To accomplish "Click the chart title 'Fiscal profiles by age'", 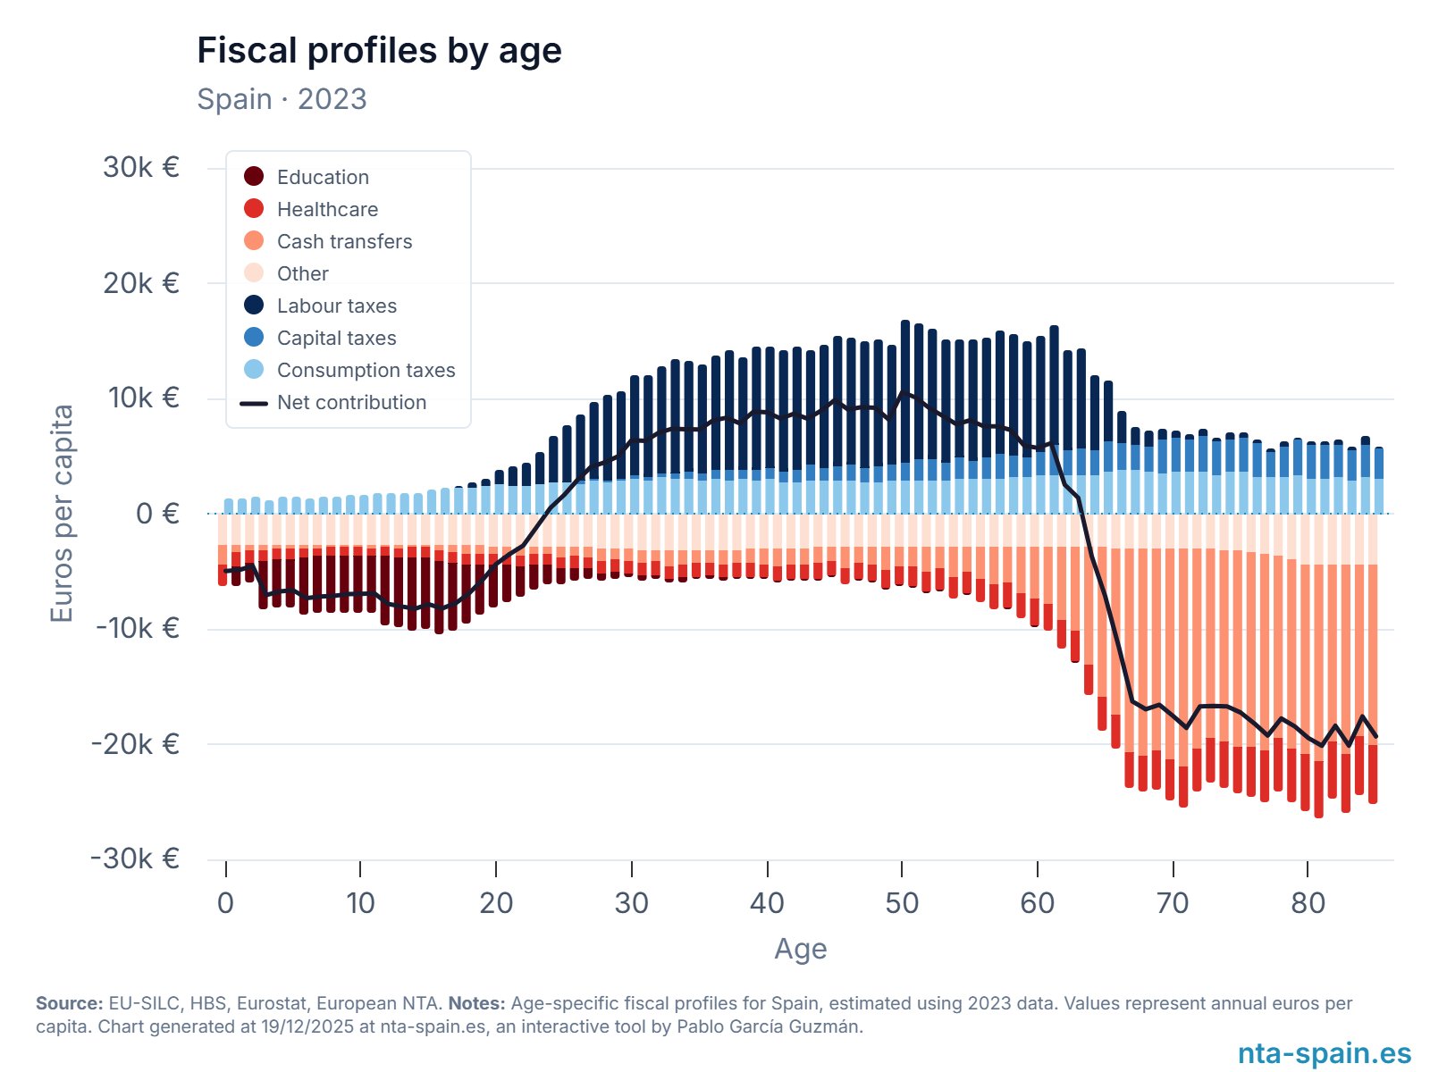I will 379,51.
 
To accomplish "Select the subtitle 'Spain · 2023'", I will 282,99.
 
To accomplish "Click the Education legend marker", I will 254,176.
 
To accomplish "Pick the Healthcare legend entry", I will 327,209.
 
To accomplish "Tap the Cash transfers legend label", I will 344,241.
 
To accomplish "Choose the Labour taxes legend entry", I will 336,306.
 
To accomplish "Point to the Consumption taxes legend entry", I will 366,370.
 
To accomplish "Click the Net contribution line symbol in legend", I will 254,403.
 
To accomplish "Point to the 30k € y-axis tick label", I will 141,167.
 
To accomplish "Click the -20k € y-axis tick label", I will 136,743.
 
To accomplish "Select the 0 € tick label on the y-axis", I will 157,514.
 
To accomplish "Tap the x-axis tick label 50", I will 902,903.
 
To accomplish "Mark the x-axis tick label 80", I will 1308,903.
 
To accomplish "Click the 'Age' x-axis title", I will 800,949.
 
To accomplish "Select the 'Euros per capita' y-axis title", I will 61,514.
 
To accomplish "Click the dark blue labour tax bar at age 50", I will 905,393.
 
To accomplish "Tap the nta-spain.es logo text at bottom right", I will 1324,1053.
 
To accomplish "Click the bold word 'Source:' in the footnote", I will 69,1003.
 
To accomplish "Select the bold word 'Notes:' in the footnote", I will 476,1003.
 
